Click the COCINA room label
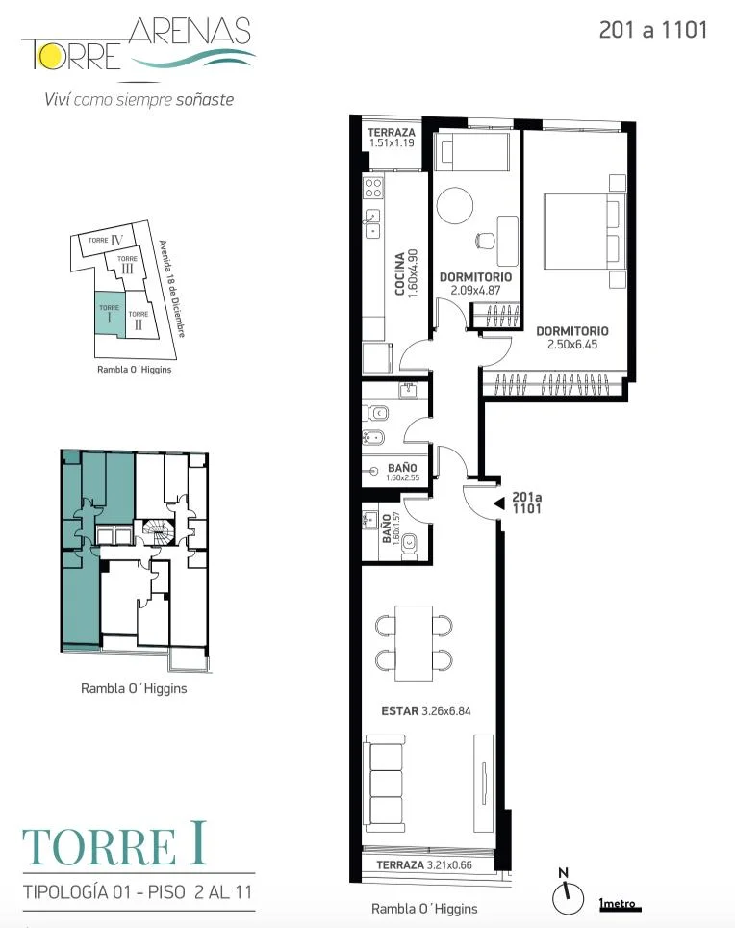click(399, 273)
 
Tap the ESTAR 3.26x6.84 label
click(426, 710)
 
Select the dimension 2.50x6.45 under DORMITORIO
click(571, 345)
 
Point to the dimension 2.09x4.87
click(475, 290)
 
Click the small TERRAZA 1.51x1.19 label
click(391, 138)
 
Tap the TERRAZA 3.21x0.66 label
click(424, 864)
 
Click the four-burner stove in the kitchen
click(373, 188)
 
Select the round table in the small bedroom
click(455, 205)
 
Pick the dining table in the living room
click(414, 643)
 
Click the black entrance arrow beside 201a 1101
click(499, 503)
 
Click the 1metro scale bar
click(620, 904)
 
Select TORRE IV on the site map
click(107, 240)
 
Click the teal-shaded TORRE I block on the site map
click(110, 314)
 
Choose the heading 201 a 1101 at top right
click(653, 30)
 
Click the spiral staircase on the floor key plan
click(158, 530)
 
